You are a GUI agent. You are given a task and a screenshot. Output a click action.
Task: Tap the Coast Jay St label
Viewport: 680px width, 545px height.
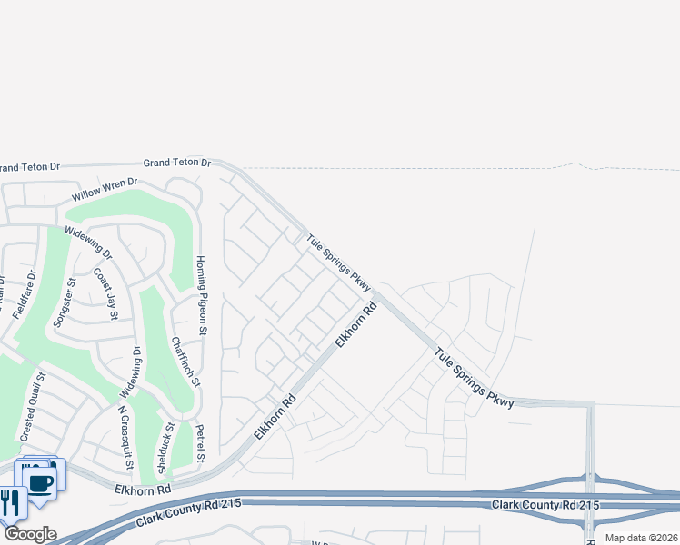point(106,293)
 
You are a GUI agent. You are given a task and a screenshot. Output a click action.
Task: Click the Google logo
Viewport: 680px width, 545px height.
point(29,534)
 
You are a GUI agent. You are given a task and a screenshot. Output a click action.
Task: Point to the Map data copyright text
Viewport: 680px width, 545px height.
point(641,538)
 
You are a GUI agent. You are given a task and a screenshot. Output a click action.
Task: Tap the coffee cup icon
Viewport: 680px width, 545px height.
point(40,481)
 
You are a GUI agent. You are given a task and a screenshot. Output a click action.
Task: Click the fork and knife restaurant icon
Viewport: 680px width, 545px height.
point(12,502)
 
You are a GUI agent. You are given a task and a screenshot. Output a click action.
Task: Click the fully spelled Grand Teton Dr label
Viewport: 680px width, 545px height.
point(176,163)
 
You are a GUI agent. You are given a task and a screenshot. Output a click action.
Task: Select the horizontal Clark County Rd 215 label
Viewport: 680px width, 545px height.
point(545,504)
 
